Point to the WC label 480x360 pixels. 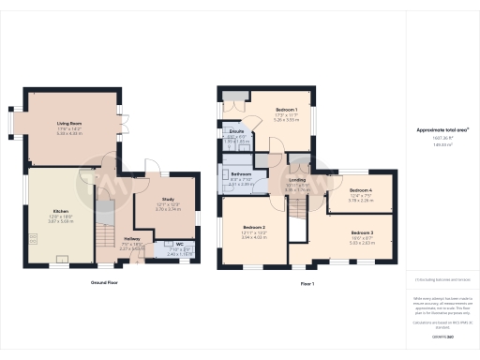pyautogui.click(x=179, y=244)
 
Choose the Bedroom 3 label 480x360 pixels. pyautogui.click(x=362, y=232)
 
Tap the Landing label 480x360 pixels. pyautogui.click(x=297, y=179)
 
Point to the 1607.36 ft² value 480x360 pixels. pyautogui.click(x=442, y=140)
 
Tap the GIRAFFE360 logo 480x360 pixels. pyautogui.click(x=442, y=336)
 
